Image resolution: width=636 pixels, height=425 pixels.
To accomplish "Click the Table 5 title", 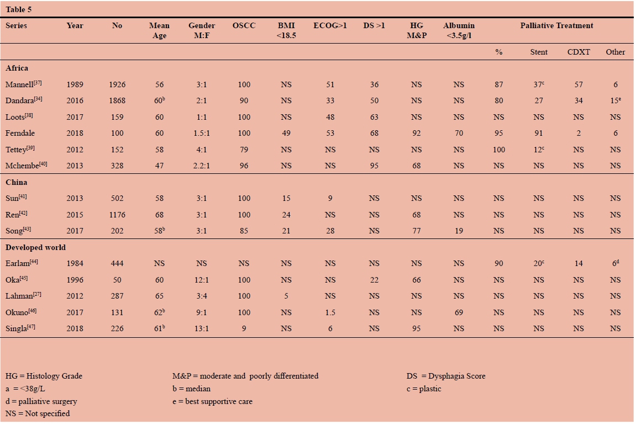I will [x=20, y=9].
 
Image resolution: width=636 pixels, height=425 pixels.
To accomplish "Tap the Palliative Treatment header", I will [x=556, y=25].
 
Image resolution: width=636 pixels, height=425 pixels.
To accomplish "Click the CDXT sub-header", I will [x=579, y=52].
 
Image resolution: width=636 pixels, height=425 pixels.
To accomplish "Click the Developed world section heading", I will [x=35, y=247].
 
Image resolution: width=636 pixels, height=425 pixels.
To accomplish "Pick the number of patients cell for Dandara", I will [x=117, y=100].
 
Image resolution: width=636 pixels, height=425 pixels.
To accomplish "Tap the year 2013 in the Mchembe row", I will [x=75, y=166].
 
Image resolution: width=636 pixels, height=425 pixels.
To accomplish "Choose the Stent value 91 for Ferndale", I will [x=539, y=133].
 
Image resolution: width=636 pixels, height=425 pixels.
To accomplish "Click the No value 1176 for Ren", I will [x=117, y=214].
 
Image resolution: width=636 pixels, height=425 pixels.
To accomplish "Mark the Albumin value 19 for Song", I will [x=459, y=231].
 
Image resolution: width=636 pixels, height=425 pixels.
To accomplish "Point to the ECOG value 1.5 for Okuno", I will [x=330, y=312].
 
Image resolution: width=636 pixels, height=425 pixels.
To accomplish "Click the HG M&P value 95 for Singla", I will [x=417, y=328].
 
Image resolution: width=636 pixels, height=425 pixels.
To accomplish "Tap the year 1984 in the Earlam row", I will [x=75, y=264].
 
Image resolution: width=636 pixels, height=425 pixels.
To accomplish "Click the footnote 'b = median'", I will [x=191, y=389].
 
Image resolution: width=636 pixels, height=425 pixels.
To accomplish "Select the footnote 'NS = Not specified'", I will [x=38, y=413].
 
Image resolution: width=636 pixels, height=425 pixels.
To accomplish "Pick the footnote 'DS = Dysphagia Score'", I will [x=446, y=376].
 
